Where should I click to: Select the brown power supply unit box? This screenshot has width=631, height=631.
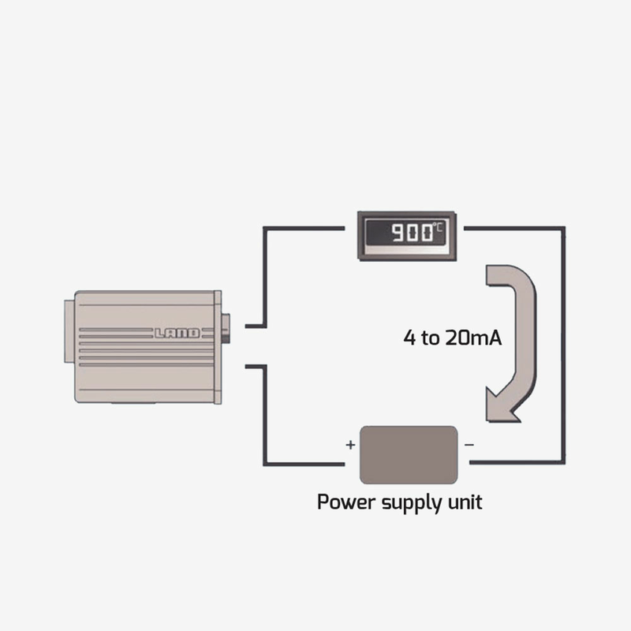(x=409, y=454)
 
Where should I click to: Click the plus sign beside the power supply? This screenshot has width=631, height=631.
(x=350, y=445)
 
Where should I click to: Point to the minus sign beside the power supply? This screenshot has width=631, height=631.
(x=469, y=445)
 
